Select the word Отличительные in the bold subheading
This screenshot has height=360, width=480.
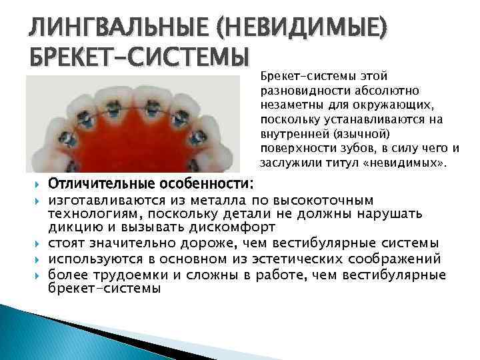click(104, 183)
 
